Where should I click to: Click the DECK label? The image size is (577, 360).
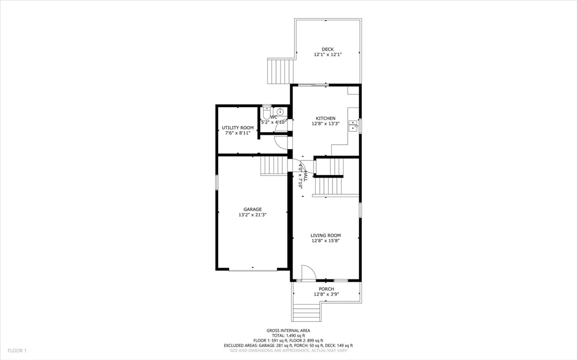tap(327, 50)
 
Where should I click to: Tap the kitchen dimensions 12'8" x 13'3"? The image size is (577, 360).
tap(326, 123)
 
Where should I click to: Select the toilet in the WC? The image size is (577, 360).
tap(267, 112)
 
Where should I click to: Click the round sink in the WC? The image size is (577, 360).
tap(280, 112)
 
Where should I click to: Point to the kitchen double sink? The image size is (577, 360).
tap(354, 125)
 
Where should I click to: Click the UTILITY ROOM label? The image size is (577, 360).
tap(237, 128)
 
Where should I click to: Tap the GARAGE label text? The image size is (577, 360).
tap(252, 209)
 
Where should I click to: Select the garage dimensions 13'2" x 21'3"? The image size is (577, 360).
tap(252, 215)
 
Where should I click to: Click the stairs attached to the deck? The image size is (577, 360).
tap(280, 71)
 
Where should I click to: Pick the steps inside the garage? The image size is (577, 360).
tap(274, 166)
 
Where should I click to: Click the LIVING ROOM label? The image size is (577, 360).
tap(326, 235)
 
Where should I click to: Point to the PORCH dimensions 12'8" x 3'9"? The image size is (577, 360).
tap(326, 294)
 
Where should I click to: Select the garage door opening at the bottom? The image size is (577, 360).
tap(252, 271)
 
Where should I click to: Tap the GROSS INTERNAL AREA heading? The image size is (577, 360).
tap(288, 331)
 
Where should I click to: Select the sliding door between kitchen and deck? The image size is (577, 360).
tap(313, 85)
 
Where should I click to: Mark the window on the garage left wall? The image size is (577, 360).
tap(217, 183)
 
